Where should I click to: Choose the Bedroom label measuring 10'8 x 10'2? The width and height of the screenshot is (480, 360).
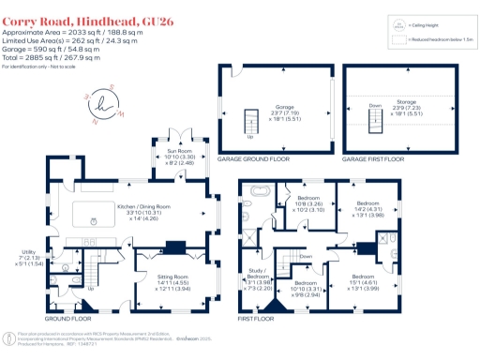[x=309, y=204]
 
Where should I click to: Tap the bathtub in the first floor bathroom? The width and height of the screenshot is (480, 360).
[x=259, y=200]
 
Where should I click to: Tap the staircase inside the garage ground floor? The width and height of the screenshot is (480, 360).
[x=250, y=122]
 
